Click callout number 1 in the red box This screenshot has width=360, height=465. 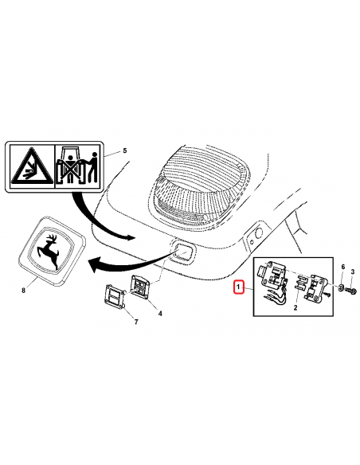pyautogui.click(x=238, y=287)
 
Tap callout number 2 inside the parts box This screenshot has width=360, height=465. pyautogui.click(x=295, y=307)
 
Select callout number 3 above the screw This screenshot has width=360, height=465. pyautogui.click(x=353, y=272)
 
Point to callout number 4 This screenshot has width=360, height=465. pyautogui.click(x=160, y=313)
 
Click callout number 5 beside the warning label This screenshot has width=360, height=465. pyautogui.click(x=125, y=150)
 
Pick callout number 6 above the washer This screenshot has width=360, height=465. pyautogui.click(x=342, y=267)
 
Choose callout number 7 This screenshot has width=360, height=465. pyautogui.click(x=136, y=322)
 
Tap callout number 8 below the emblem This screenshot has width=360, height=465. pyautogui.click(x=24, y=290)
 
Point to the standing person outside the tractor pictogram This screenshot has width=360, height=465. pyautogui.click(x=92, y=167)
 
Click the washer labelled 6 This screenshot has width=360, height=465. pyautogui.click(x=341, y=287)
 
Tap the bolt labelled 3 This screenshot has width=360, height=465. pyautogui.click(x=351, y=290)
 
